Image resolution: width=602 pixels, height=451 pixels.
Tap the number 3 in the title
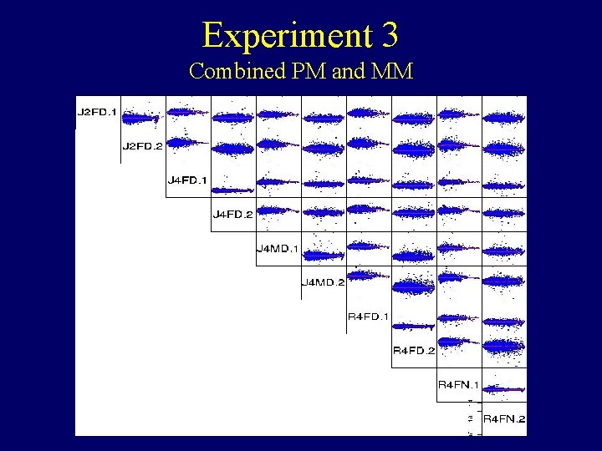click(389, 36)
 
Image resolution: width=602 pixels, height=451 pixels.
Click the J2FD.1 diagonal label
click(97, 112)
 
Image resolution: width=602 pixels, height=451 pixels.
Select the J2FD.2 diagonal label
click(143, 146)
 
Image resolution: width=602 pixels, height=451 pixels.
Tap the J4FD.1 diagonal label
click(188, 180)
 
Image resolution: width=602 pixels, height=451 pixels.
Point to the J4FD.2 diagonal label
click(233, 215)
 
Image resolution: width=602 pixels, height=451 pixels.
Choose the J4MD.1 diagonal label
click(278, 248)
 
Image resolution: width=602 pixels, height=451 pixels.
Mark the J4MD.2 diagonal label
click(323, 282)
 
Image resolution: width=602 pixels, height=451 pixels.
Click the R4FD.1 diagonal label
click(368, 317)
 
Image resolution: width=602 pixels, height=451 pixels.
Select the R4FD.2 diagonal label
click(414, 351)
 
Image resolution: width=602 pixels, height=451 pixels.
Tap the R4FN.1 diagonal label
click(459, 385)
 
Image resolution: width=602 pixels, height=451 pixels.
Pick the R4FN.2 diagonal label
click(504, 418)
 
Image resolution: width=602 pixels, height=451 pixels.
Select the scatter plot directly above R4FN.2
click(504, 385)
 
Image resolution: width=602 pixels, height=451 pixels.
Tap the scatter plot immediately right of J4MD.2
click(369, 282)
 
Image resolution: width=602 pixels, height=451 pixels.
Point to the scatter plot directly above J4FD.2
click(233, 180)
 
